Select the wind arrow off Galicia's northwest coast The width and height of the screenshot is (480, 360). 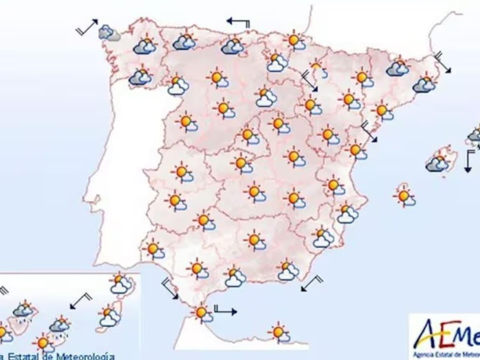point(87,27)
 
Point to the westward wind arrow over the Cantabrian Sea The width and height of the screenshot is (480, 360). point(238,22)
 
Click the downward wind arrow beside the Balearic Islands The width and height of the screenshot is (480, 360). point(468,160)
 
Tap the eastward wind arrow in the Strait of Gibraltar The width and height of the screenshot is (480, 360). point(225,310)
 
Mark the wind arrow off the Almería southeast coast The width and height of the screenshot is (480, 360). point(312,283)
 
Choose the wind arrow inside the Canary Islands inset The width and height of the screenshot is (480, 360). point(81,301)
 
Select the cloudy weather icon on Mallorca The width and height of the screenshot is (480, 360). point(437,163)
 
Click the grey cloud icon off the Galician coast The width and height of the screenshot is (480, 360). point(109,33)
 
